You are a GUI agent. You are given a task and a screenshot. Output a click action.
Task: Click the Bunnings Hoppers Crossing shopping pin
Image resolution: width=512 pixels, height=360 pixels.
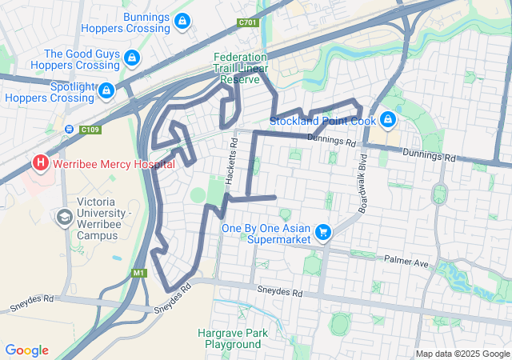pyautogui.click(x=183, y=20)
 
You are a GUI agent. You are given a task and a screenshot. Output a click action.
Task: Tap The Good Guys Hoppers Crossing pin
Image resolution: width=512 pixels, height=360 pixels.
pyautogui.click(x=132, y=58)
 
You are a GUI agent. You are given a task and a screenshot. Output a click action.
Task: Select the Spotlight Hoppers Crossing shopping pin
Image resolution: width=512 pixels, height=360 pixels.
pyautogui.click(x=106, y=91)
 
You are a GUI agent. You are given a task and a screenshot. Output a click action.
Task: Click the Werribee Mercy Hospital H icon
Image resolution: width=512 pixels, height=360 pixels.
pyautogui.click(x=41, y=163)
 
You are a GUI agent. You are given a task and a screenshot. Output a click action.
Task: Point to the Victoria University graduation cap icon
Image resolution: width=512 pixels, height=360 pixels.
pyautogui.click(x=64, y=217)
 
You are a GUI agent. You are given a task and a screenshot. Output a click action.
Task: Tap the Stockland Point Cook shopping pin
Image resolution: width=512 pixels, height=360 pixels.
pyautogui.click(x=388, y=120)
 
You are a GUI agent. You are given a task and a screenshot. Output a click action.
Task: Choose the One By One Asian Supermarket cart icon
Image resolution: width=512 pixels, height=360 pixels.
pyautogui.click(x=322, y=232)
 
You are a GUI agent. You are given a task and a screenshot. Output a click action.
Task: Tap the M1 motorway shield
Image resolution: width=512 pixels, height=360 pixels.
pyautogui.click(x=140, y=273)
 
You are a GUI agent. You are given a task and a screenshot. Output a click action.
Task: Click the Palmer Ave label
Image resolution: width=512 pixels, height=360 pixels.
pyautogui.click(x=406, y=260)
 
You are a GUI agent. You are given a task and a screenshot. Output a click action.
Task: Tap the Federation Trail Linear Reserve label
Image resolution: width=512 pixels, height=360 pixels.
pyautogui.click(x=236, y=69)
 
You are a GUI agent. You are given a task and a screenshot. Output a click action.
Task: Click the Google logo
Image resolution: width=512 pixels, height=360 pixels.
pyautogui.click(x=26, y=350)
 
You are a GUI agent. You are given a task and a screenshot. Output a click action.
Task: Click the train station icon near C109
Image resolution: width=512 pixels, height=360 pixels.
pyautogui.click(x=70, y=129)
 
